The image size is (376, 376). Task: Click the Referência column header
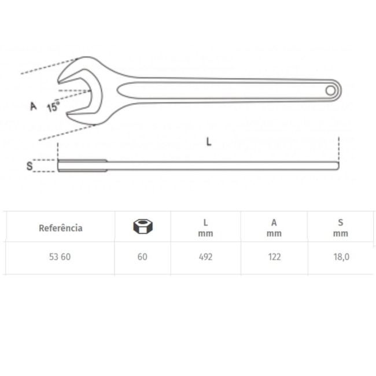(60, 228)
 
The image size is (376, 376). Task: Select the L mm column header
(206, 227)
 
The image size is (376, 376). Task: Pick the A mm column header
(274, 227)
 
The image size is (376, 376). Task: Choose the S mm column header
(341, 227)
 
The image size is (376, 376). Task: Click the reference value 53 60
(60, 256)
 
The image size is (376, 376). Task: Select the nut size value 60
(142, 256)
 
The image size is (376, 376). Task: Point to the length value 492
(205, 256)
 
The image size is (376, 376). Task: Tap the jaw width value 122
(274, 256)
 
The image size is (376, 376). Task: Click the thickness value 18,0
(341, 256)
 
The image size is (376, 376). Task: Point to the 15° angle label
(53, 106)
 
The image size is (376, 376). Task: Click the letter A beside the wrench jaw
(33, 106)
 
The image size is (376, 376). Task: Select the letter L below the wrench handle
(208, 141)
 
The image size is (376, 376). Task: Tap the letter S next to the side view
(29, 166)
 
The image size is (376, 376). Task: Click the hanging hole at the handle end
(330, 90)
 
